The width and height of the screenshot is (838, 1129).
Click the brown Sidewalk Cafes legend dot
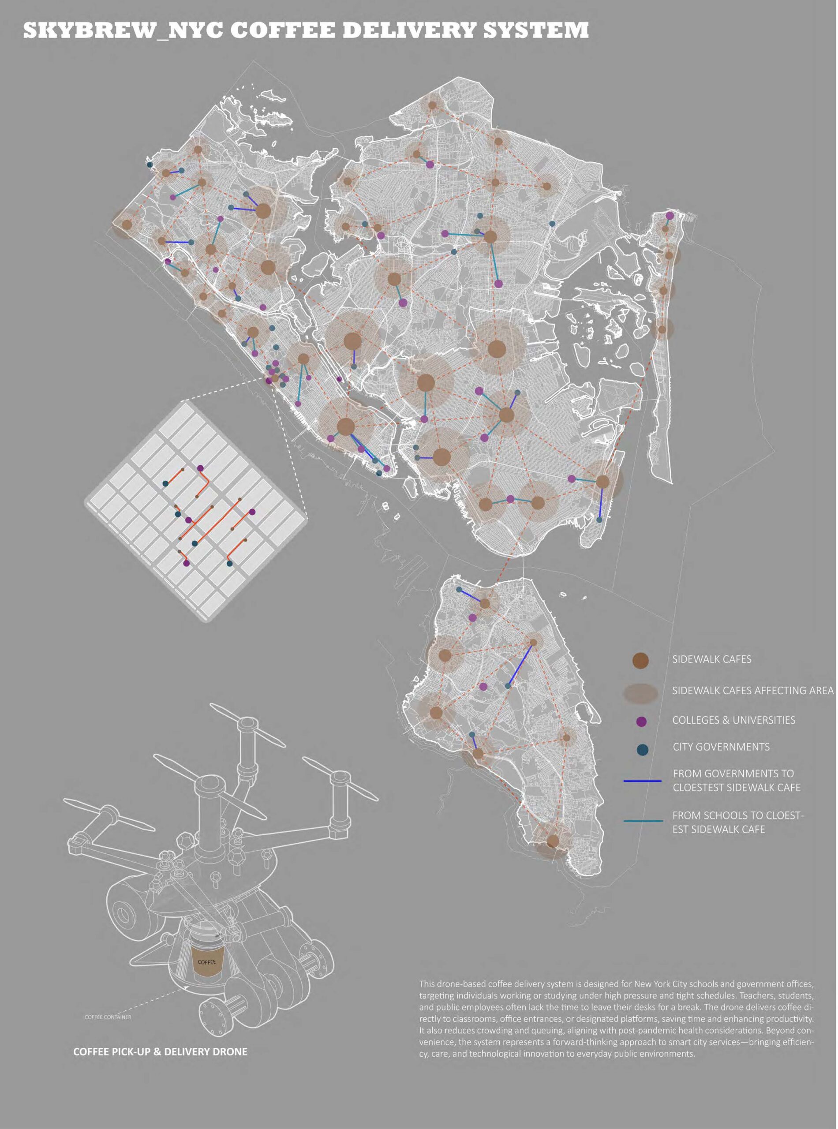(641, 660)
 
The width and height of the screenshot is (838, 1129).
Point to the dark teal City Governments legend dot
(642, 749)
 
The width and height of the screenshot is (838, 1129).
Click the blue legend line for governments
(642, 781)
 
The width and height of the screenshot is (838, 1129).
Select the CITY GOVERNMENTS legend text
(721, 747)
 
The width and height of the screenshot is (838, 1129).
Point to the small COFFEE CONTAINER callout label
(108, 1017)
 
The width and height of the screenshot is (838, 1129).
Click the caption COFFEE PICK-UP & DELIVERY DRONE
(160, 1051)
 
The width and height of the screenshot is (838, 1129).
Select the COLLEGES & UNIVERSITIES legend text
(733, 720)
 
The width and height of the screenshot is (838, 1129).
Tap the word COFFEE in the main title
(284, 30)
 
